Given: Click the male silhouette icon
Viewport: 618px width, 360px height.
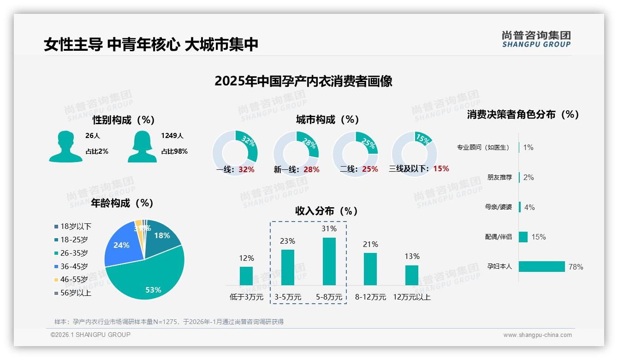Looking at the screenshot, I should point(65,146).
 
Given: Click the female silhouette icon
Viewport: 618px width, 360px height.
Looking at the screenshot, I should point(142,146).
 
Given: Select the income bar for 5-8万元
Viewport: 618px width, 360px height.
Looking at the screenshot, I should point(329,261).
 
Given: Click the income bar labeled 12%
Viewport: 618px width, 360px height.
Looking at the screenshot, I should point(246,276).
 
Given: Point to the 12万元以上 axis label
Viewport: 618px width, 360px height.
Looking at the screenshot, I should point(411,297).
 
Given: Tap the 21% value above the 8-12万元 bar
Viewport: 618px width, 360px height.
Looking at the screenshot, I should point(370,244).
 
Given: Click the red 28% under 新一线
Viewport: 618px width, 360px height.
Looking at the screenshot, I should point(311,169).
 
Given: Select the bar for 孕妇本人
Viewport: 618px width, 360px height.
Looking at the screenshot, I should point(542,266).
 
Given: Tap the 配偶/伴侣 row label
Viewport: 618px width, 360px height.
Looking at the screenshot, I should point(498,237).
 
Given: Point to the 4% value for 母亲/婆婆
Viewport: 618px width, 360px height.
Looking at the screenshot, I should point(529,207).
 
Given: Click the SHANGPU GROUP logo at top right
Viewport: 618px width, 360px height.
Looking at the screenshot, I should point(536,39).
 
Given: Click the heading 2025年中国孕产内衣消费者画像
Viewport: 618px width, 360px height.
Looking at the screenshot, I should point(303,81).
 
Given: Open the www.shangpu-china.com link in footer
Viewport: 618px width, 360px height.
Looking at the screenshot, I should point(537,335).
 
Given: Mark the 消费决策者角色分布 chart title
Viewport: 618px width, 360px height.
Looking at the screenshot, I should point(523,114).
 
